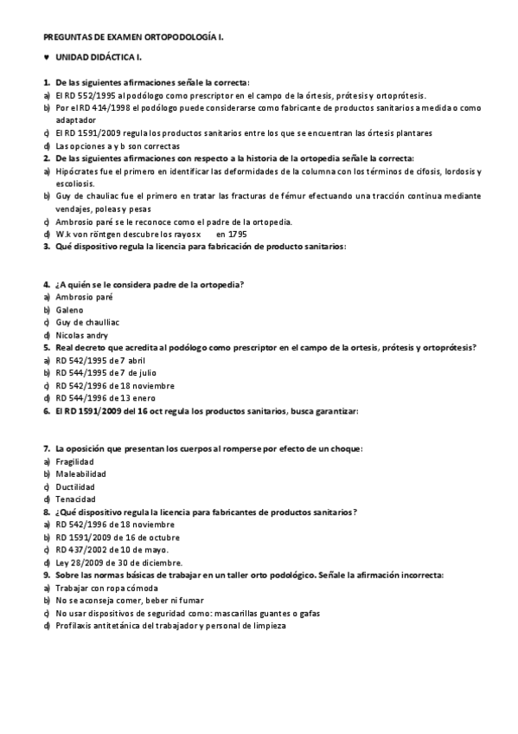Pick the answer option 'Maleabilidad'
pos(80,474)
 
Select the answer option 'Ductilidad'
pos(75,486)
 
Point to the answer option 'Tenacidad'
pos(75,499)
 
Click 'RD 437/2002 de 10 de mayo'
pos(112,550)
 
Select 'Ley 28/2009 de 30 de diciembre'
pos(118,562)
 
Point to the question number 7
pos(46,448)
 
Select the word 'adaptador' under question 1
pos(76,120)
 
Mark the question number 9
pos(46,575)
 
